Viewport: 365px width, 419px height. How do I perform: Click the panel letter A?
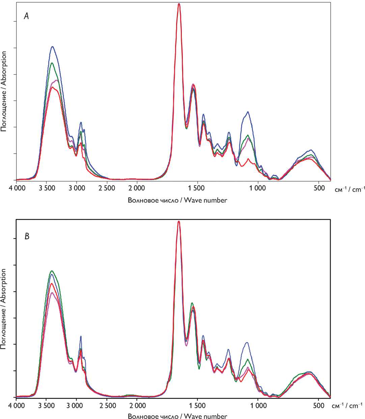26,16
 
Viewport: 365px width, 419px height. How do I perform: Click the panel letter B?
27,236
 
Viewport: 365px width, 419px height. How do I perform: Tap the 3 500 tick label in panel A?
46,188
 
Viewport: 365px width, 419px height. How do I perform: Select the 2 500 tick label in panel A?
107,188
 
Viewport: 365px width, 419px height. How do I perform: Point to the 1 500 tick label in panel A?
197,188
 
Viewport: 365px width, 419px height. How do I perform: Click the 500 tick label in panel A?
319,188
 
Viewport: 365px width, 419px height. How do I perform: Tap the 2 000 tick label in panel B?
137,405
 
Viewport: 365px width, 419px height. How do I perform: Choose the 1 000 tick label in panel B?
258,405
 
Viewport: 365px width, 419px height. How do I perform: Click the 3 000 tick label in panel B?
76,405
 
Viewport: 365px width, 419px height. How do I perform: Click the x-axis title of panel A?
177,200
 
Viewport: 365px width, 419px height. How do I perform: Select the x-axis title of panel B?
177,416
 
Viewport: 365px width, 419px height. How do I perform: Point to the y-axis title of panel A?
4,91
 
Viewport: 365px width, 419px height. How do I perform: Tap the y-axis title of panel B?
4,308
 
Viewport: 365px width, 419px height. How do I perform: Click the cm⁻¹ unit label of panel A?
349,190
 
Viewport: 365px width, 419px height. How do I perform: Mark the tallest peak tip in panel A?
179,4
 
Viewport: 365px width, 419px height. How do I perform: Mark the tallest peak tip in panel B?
179,221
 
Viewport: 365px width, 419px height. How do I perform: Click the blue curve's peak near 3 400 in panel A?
52,47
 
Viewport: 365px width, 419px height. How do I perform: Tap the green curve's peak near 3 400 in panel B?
52,271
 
